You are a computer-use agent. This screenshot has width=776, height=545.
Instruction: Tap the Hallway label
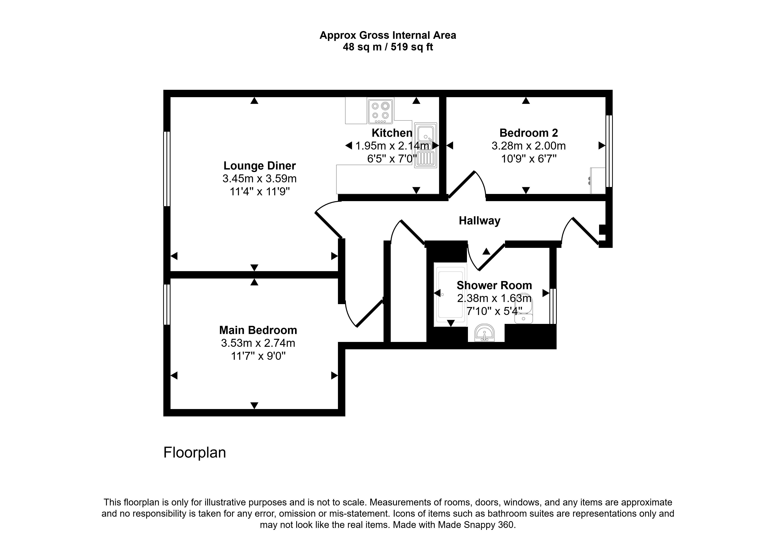point(479,221)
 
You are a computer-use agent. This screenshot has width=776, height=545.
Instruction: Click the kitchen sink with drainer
point(425,145)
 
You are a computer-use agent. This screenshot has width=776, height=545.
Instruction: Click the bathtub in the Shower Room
point(450,295)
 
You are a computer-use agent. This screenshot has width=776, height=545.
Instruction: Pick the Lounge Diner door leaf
point(328,225)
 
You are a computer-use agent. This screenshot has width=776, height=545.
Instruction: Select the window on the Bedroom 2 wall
point(609,151)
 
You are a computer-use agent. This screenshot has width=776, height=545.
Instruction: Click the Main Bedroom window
point(166,305)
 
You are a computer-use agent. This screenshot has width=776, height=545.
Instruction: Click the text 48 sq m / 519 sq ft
point(388,47)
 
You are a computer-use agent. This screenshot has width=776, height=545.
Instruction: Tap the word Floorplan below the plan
point(194,452)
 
